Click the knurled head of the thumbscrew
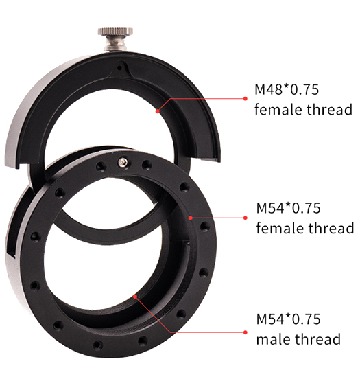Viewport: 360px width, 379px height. (115, 32)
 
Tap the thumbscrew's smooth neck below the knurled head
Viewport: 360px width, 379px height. (115, 43)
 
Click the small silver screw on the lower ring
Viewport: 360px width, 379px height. (123, 163)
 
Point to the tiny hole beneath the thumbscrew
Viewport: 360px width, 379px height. (119, 68)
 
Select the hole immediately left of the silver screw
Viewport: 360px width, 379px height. (101, 166)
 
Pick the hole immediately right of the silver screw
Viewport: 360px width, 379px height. (146, 165)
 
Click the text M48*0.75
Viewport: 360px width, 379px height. (287, 89)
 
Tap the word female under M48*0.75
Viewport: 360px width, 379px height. (278, 109)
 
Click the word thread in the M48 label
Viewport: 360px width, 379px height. (329, 109)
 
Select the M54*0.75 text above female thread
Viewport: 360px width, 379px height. (288, 208)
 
